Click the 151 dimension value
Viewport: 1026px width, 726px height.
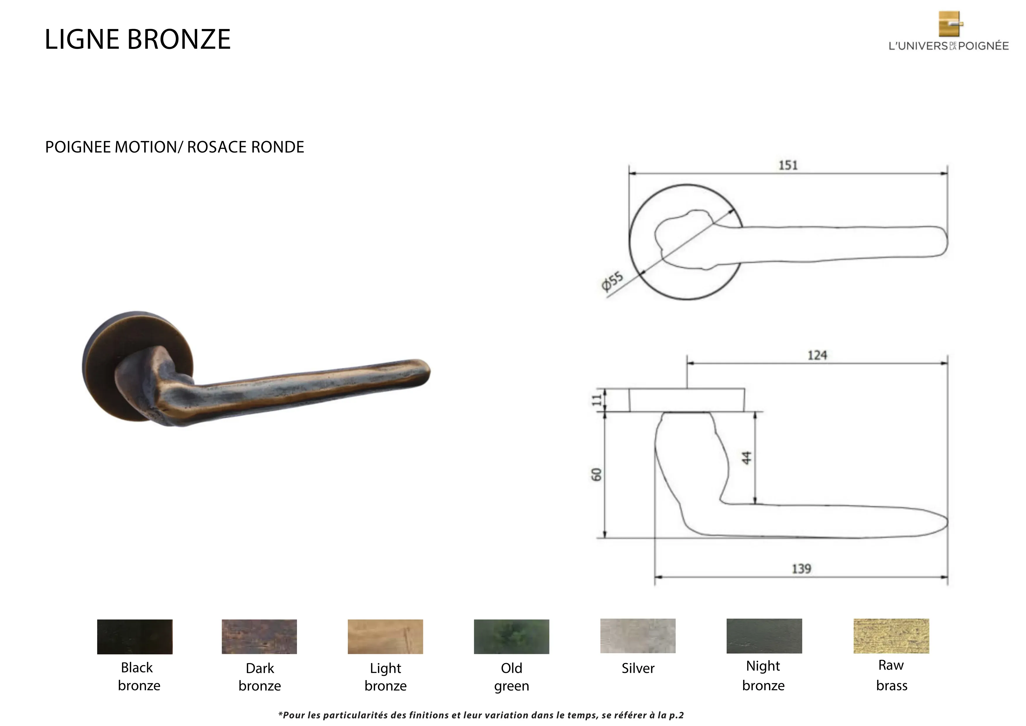click(788, 165)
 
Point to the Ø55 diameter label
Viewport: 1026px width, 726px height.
click(612, 282)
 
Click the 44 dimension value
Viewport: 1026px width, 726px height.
click(747, 458)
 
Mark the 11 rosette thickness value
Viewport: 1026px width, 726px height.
click(597, 400)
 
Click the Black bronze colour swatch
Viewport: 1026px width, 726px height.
click(135, 637)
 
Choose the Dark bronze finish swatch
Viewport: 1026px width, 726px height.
click(259, 637)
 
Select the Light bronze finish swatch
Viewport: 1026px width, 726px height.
click(385, 637)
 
